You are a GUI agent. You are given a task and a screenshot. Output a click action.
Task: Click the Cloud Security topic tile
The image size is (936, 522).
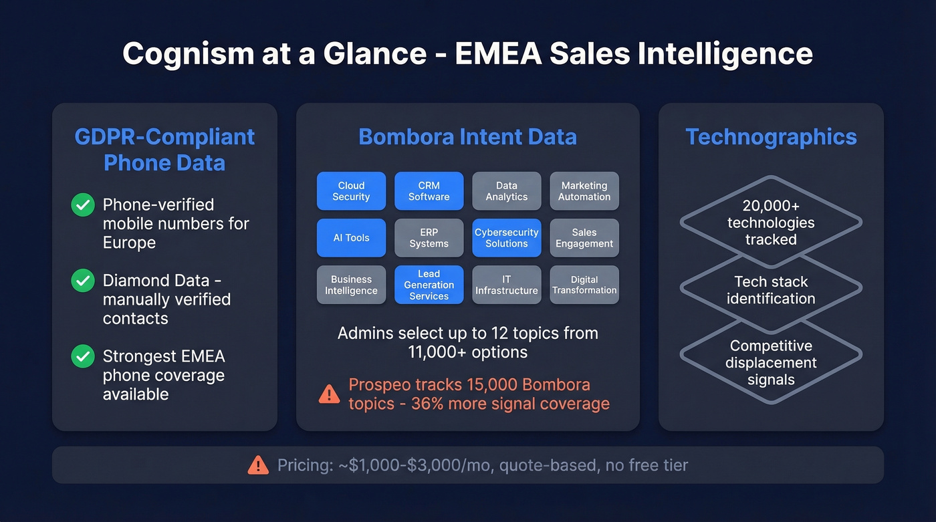pos(351,191)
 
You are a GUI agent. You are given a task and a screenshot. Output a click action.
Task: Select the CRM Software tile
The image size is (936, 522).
pos(429,191)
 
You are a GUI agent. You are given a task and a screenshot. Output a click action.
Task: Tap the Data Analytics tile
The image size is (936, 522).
pos(507,191)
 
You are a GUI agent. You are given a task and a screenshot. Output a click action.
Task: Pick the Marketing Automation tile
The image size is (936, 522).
pos(584,191)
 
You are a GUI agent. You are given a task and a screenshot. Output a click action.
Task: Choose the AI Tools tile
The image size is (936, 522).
pos(351,238)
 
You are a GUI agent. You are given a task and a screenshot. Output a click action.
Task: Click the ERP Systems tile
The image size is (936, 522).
pos(429,238)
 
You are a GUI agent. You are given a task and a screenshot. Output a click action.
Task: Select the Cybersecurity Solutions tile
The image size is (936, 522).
pos(507,238)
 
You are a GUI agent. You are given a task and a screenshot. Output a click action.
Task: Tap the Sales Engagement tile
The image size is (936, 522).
pos(584,238)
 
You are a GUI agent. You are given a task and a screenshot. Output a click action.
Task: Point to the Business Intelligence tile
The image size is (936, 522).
pos(351,285)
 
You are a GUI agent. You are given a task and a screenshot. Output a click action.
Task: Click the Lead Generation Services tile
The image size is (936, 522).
pos(429,285)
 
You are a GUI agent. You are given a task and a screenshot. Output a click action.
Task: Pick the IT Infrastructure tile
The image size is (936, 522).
pos(507,285)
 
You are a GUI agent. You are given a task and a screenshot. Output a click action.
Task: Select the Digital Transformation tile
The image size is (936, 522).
pos(584,285)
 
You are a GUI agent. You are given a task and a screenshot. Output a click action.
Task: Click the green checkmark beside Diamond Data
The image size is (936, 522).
pos(83,281)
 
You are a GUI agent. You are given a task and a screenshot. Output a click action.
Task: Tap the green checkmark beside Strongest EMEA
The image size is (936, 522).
pos(83,356)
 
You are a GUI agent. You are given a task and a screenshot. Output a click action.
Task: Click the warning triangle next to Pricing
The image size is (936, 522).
pos(258,465)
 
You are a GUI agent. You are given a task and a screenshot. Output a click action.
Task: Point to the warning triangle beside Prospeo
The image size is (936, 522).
pos(329,394)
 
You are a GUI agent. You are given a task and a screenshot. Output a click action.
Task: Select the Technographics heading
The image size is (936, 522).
pos(771,137)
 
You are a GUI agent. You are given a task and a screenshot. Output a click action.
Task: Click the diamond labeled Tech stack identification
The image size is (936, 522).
pos(771,290)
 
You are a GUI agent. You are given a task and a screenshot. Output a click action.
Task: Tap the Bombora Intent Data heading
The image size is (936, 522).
pos(467,137)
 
